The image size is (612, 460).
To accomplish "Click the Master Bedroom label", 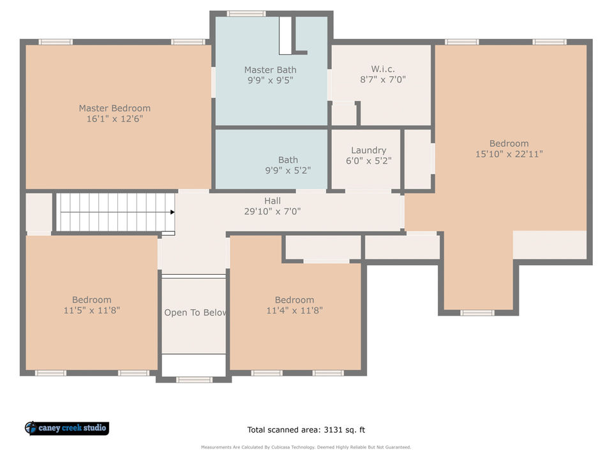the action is coord(114,108).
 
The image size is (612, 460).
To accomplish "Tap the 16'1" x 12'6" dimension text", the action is coord(114,119).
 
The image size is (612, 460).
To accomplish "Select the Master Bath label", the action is coord(270,70).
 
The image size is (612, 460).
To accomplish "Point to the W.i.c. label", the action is coord(382,69).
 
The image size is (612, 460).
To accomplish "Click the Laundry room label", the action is coord(368,151).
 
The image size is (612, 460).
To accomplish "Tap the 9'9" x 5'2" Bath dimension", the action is coord(288,171).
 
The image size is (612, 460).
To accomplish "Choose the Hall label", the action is coord(272,201).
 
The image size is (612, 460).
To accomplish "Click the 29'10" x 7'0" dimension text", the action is coord(272,211).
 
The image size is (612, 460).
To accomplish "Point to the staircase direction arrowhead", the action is coord(172,212).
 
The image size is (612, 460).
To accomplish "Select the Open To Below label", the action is coord(195,312).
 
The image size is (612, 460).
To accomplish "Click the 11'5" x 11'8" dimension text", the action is coord(92,310).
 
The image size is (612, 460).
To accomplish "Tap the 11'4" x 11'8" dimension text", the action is coord(294,310).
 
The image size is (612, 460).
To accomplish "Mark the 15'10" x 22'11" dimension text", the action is coord(509,154).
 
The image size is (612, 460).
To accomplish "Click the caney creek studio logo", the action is coord(67,428).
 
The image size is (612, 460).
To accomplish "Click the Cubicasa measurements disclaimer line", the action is coord(306,447).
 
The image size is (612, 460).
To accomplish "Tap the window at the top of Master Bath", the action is coord(246,13).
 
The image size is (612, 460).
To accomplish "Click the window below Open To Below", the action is coord(194,379).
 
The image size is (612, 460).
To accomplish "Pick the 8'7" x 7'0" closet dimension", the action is coord(382,80).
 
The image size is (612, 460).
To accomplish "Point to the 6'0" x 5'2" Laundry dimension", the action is coord(368,161).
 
